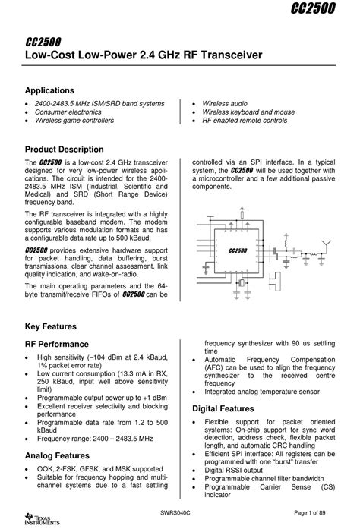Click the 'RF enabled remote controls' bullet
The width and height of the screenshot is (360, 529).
(245, 121)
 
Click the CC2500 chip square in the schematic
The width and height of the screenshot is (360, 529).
(238, 250)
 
